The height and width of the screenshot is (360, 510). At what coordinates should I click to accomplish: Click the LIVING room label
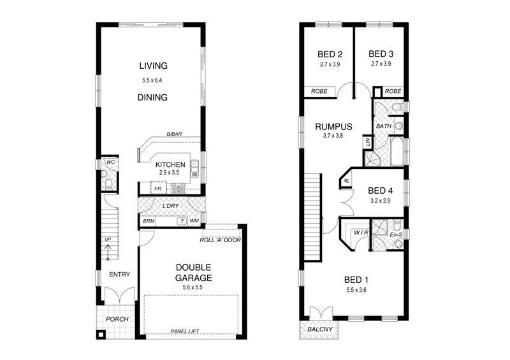click(x=152, y=66)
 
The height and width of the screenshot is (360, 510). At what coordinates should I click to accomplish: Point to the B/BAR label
click(x=174, y=134)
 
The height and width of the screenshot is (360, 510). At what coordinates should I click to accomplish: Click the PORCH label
click(x=117, y=319)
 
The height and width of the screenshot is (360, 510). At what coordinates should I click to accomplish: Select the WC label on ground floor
click(x=109, y=162)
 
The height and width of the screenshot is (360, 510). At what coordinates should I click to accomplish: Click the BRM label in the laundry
click(x=149, y=221)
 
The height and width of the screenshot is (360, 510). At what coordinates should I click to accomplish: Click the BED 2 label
click(x=330, y=54)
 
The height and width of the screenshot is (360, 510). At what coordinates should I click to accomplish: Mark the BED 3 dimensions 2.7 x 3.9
click(x=381, y=64)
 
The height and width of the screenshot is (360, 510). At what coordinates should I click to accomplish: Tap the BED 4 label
click(x=381, y=190)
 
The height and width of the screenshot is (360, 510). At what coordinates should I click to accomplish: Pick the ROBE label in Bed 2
click(x=319, y=92)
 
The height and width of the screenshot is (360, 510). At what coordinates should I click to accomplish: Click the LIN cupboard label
click(x=368, y=141)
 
